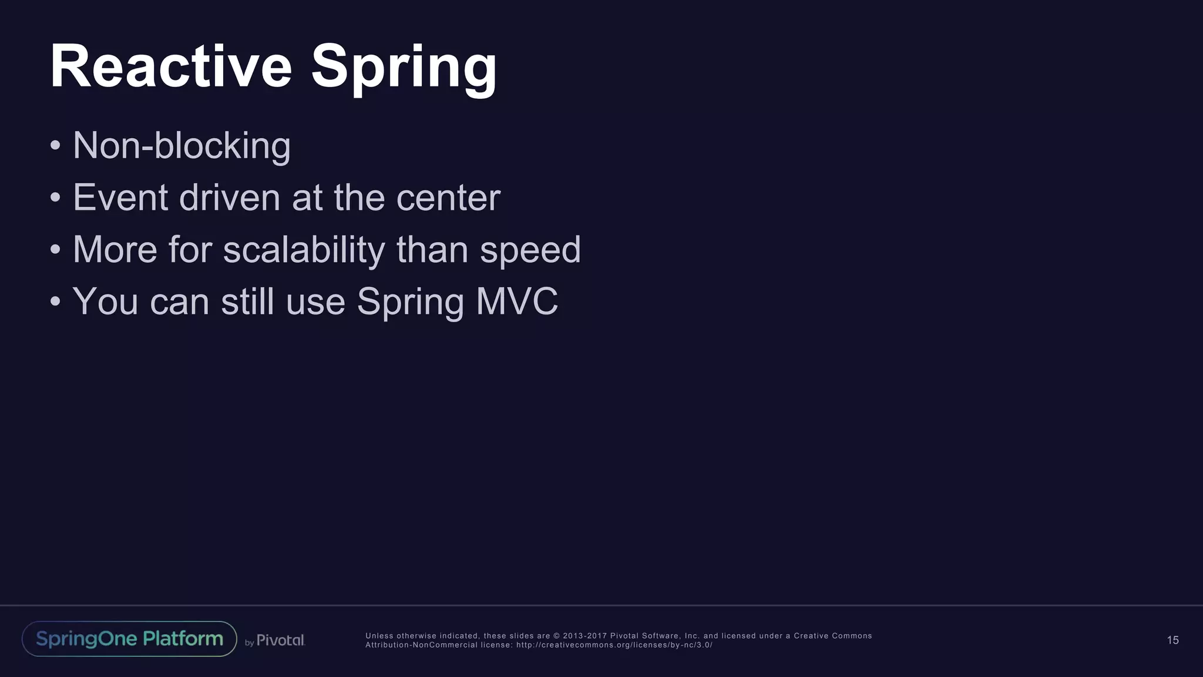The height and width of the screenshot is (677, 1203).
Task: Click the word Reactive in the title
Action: (x=171, y=66)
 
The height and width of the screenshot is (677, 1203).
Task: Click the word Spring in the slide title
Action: (x=404, y=69)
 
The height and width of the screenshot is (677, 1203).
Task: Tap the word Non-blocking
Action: (x=182, y=145)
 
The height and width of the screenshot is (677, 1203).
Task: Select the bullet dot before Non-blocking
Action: (x=55, y=146)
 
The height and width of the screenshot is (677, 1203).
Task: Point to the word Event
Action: (x=120, y=197)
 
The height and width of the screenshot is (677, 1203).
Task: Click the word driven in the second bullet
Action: (x=230, y=197)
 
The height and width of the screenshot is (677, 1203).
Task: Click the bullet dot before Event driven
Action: (x=55, y=198)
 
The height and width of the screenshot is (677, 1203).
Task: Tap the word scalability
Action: (x=304, y=249)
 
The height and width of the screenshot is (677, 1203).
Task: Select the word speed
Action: (x=530, y=250)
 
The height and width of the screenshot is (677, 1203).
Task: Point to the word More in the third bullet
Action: (x=115, y=249)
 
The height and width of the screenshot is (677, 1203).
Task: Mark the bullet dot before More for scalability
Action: (x=55, y=250)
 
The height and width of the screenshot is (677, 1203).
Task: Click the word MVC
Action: (x=517, y=301)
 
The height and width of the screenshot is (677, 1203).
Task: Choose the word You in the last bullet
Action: (x=105, y=301)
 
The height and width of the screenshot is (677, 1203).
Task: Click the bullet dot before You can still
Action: (x=55, y=302)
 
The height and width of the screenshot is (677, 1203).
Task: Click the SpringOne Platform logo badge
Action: (x=129, y=639)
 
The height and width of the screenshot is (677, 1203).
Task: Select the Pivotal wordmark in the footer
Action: (x=280, y=640)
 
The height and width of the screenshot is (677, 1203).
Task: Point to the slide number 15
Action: (x=1172, y=640)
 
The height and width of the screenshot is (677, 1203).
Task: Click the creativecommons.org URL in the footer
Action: (x=614, y=645)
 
